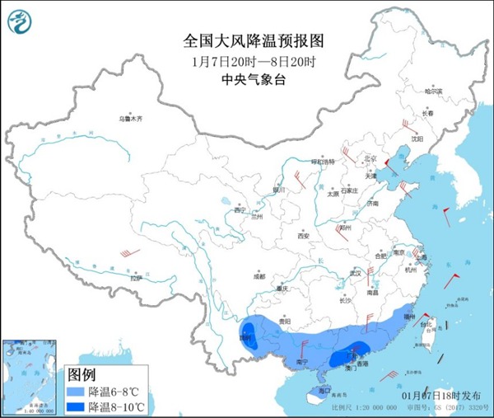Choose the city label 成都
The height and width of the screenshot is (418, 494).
point(260,275)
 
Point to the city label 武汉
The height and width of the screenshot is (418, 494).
point(356,273)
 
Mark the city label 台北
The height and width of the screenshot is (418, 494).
point(425,324)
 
